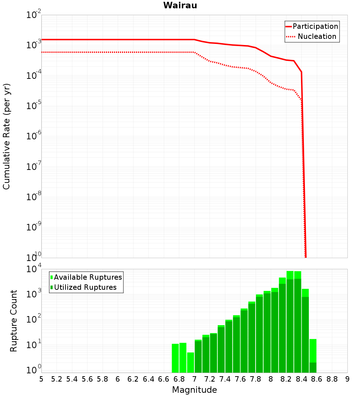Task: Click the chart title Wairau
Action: click(x=180, y=5)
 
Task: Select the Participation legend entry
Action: click(x=315, y=26)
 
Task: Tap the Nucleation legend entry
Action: click(x=317, y=36)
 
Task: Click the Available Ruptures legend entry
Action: click(x=88, y=277)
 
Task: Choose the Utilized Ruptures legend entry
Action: click(x=85, y=287)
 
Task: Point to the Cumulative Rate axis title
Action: click(x=6, y=136)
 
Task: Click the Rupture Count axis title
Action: click(x=14, y=321)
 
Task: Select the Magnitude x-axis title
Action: click(x=194, y=390)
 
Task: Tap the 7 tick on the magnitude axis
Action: click(x=194, y=379)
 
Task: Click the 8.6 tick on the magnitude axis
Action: click(x=317, y=379)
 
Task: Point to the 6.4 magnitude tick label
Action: click(x=149, y=379)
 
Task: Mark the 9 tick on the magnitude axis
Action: click(x=347, y=379)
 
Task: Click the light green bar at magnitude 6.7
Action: click(x=175, y=358)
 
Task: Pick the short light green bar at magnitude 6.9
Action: click(x=190, y=363)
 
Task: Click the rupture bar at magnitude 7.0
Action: click(x=198, y=356)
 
